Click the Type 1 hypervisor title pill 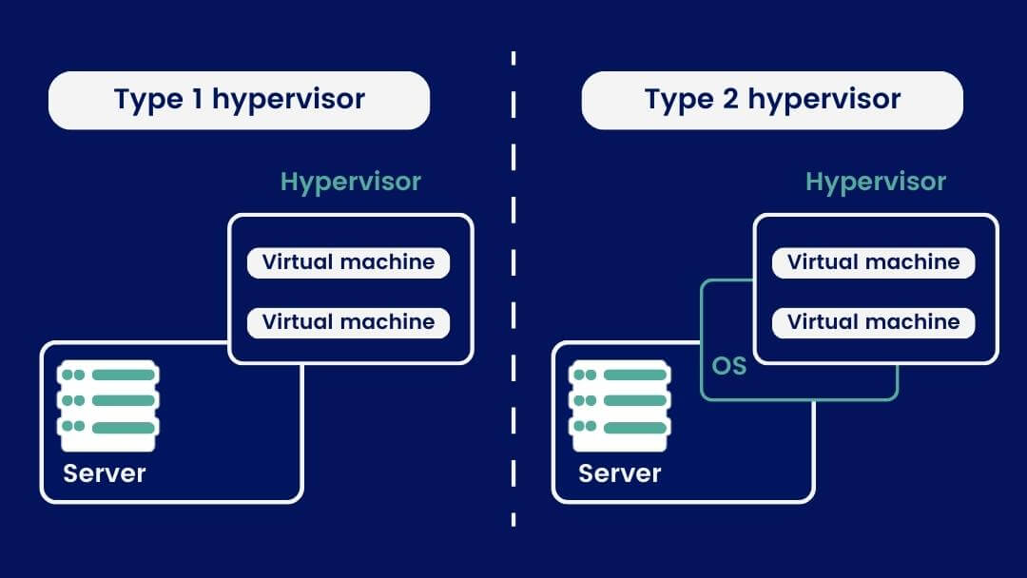(239, 100)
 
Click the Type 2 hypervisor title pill (771, 100)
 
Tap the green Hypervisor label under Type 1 (351, 182)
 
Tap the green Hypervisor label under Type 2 (876, 182)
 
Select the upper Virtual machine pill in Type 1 (348, 262)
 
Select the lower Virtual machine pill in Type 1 (348, 322)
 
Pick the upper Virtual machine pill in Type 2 (873, 262)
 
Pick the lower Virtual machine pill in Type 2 (873, 322)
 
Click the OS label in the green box (728, 365)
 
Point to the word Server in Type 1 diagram (105, 472)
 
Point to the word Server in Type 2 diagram (619, 472)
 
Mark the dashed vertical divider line (513, 285)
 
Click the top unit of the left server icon (108, 375)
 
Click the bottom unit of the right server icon (620, 428)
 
